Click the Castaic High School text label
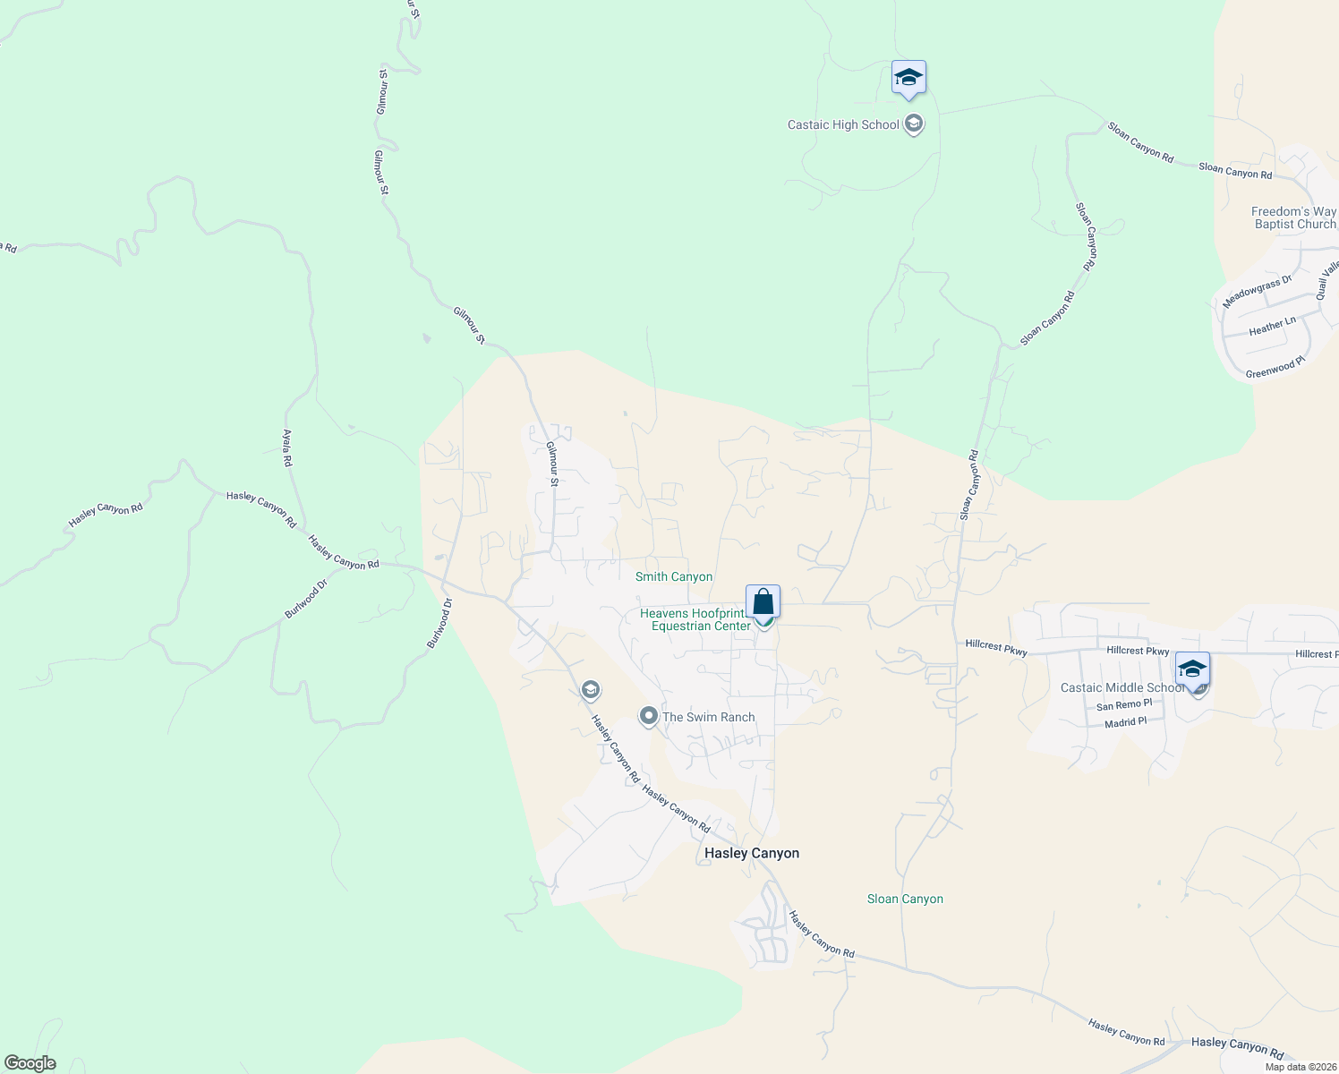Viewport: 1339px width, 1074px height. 842,125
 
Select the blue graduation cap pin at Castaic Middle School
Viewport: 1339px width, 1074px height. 1192,670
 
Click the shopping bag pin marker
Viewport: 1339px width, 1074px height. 763,602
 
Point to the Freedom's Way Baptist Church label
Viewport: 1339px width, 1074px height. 1293,218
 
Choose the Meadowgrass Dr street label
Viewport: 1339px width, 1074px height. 1258,292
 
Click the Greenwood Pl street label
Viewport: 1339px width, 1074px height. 1275,368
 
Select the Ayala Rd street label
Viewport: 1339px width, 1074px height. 287,447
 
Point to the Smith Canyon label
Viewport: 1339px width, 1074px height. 674,577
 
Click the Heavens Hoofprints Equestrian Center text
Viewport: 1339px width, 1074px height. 695,619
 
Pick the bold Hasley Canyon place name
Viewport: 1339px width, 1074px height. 752,854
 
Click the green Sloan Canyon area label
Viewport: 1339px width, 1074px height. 905,899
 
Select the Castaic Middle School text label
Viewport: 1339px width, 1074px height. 1122,688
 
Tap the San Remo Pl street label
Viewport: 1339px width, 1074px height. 1124,705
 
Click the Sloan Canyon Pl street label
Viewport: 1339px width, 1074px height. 1087,236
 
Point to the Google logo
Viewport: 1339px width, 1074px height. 30,1063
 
